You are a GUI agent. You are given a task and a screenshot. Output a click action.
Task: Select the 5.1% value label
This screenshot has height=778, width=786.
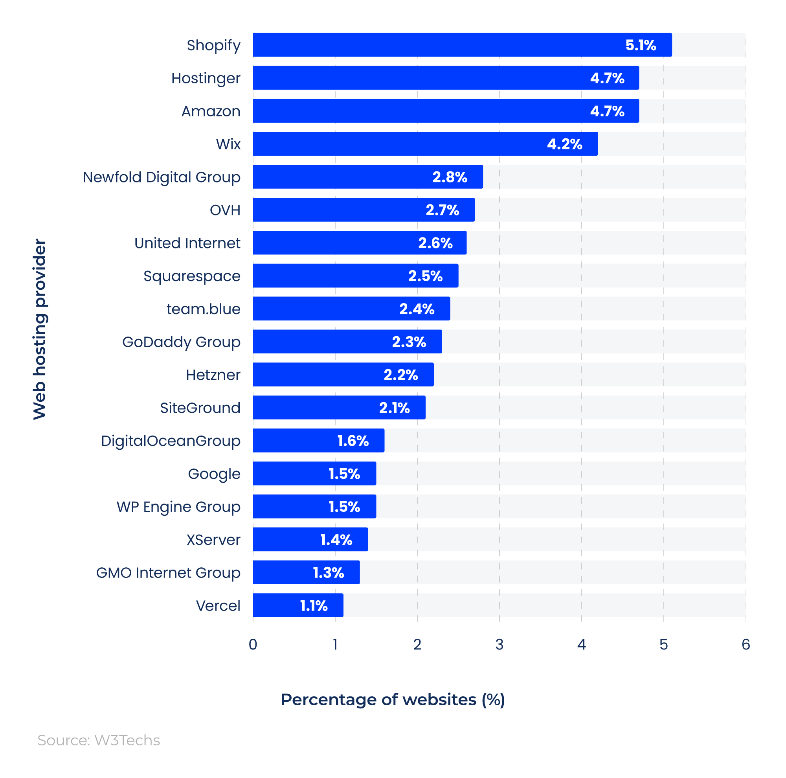point(640,45)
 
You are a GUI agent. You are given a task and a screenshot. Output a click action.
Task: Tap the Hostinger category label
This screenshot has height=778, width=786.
point(206,78)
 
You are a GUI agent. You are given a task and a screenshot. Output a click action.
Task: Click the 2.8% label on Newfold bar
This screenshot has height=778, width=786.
point(450,177)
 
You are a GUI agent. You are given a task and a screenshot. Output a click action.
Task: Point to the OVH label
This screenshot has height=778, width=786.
point(225,210)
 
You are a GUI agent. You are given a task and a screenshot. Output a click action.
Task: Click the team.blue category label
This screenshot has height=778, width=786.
point(204,309)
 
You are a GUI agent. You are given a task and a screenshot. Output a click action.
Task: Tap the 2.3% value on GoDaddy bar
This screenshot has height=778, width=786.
point(409,342)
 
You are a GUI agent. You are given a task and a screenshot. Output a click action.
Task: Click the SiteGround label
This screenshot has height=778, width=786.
point(200,408)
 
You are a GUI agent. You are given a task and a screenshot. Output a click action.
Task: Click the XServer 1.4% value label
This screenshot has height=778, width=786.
point(336,539)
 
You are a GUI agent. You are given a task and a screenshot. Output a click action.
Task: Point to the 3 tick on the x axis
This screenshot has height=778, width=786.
point(499,644)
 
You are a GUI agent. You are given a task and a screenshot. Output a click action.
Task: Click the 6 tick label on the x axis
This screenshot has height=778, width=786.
point(745,644)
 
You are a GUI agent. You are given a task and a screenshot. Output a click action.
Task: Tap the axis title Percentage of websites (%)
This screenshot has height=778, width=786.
point(393,699)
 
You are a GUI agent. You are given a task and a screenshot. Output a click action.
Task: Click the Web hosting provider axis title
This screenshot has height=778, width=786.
point(40,329)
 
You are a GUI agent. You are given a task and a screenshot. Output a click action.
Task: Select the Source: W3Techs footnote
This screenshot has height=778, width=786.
point(99,740)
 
